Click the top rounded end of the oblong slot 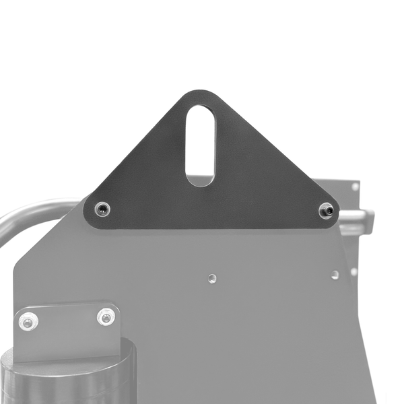(x=201, y=111)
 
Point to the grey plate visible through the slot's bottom (x=201, y=180)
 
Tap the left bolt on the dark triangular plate (x=102, y=209)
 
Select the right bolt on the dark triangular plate (x=326, y=211)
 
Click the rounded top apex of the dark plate (x=201, y=94)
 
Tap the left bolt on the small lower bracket (x=28, y=322)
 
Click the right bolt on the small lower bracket (x=106, y=316)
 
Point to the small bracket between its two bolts (x=67, y=320)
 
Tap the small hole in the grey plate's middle (x=212, y=277)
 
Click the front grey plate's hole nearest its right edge (x=335, y=275)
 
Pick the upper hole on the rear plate (x=355, y=187)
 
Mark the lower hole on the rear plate (x=354, y=271)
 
